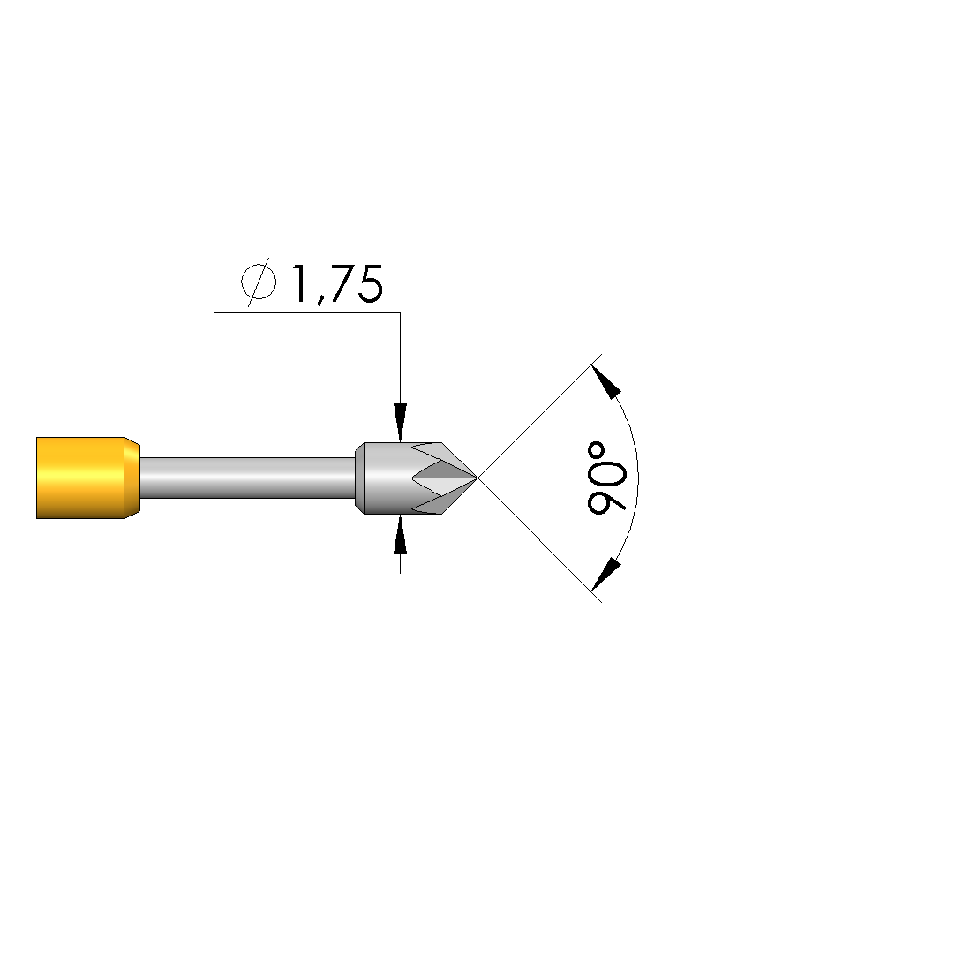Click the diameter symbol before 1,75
(x=259, y=282)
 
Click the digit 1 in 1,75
(x=299, y=283)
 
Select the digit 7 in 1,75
(x=339, y=283)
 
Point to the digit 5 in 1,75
(x=370, y=284)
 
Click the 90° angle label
(x=605, y=478)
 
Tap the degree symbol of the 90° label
(x=596, y=451)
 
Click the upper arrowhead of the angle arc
(x=606, y=381)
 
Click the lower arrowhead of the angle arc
(x=606, y=575)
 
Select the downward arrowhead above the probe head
(x=400, y=421)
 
